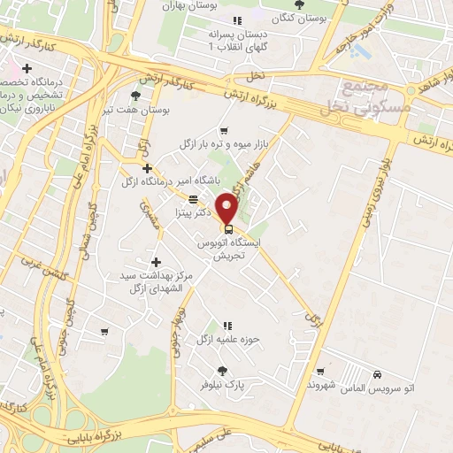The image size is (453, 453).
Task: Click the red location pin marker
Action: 228,208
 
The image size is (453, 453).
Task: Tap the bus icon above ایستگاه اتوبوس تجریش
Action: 229,227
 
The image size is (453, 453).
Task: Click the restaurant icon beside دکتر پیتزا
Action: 194,198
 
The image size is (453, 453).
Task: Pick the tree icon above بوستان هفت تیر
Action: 134,96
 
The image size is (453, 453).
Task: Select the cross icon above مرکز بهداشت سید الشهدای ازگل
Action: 157,262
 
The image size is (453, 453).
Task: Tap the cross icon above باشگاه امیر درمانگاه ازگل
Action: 147,168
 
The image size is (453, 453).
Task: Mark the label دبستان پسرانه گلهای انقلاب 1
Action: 236,40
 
